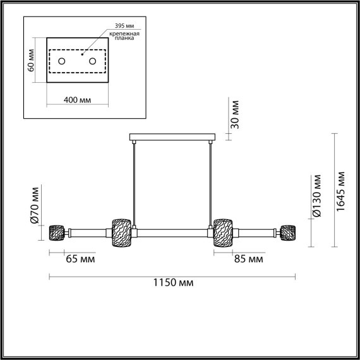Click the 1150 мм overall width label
pyautogui.click(x=172, y=283)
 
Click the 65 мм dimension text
pyautogui.click(x=79, y=259)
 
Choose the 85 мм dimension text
pyautogui.click(x=248, y=259)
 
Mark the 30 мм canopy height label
pyautogui.click(x=235, y=114)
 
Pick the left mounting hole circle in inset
pyautogui.click(x=62, y=61)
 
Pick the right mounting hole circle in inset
pyautogui.click(x=92, y=61)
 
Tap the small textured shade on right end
pyautogui.click(x=289, y=232)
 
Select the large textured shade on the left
pyautogui.click(x=121, y=232)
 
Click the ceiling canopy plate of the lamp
pyautogui.click(x=172, y=137)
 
